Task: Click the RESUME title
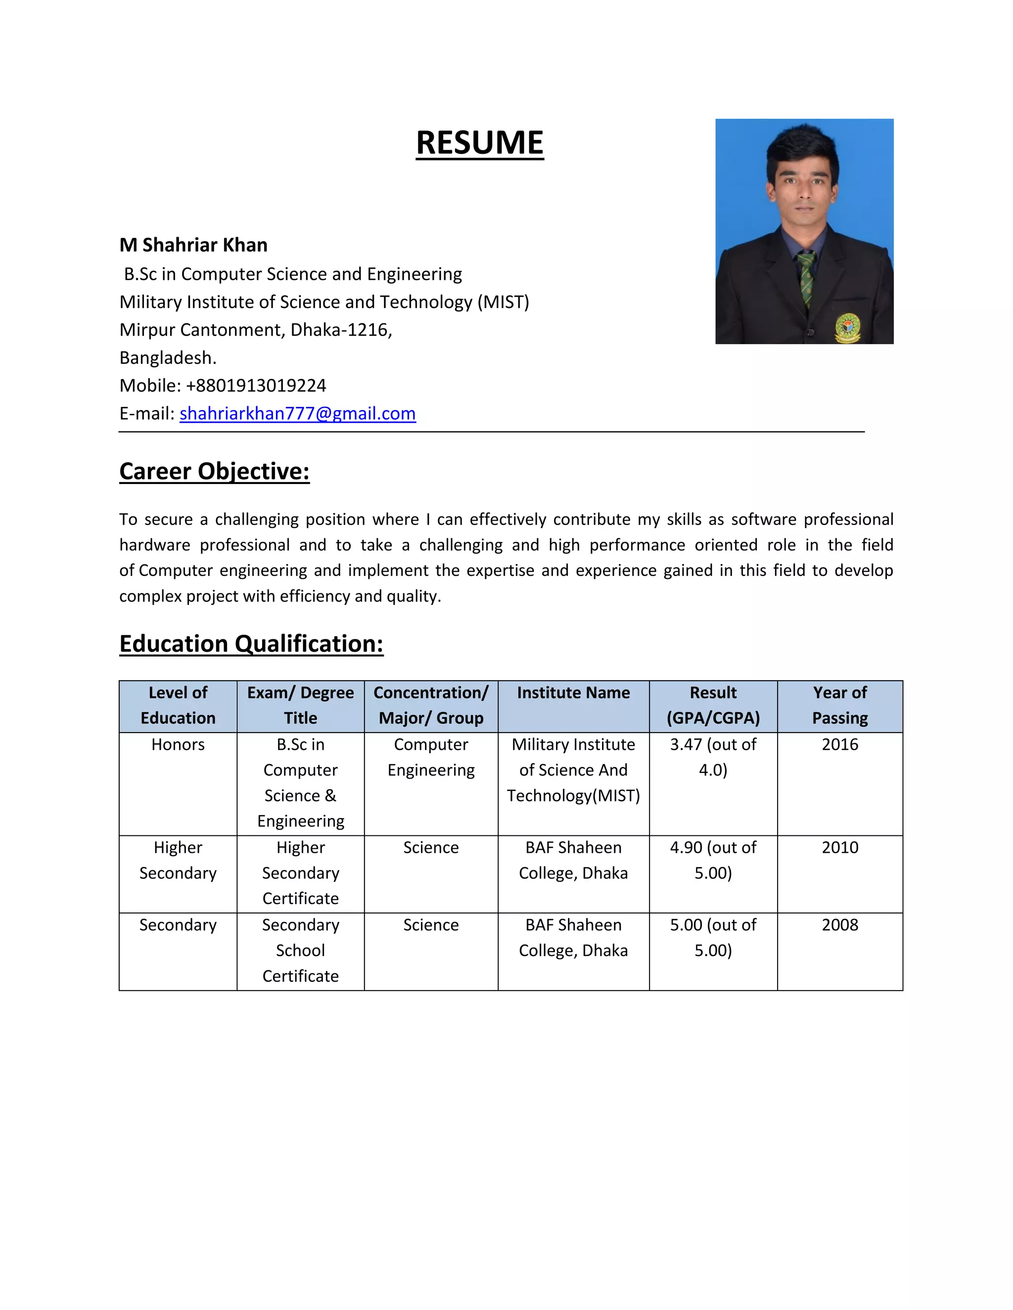tap(479, 143)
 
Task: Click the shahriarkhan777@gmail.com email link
tap(297, 413)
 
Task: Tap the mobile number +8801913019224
tap(256, 385)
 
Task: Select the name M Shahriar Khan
tap(193, 245)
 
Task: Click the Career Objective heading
tap(214, 471)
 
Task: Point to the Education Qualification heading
tap(251, 644)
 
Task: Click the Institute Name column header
tap(573, 693)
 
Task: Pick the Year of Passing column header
tap(839, 705)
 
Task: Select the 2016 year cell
tap(839, 744)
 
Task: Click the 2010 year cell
tap(839, 847)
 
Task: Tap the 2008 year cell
tap(839, 925)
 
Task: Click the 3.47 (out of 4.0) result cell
tap(713, 757)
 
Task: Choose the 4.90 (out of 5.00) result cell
tap(713, 860)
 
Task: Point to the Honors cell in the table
tap(178, 744)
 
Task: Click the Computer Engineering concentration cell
tap(431, 757)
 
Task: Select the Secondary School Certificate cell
tap(301, 950)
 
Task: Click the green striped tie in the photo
tap(807, 276)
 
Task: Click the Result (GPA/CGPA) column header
tap(713, 705)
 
